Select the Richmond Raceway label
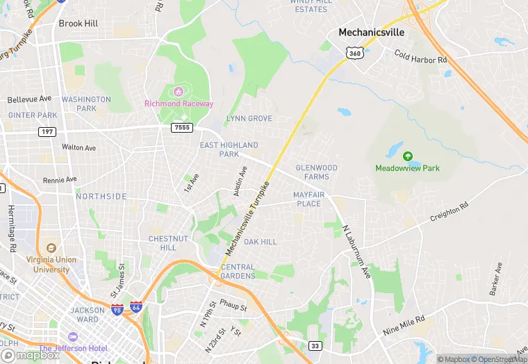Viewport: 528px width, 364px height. [179, 104]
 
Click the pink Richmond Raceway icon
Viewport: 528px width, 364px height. [179, 91]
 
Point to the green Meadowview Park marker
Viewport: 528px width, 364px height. [408, 156]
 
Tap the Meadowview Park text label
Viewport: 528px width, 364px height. [408, 168]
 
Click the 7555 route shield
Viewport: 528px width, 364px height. [182, 128]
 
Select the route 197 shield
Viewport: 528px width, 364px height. [47, 131]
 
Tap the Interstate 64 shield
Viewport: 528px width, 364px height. [136, 306]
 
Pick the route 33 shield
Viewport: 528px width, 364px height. [315, 345]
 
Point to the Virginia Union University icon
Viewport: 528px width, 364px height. [51, 248]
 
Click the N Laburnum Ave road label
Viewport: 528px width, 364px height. [355, 242]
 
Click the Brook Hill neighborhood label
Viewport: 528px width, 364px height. [78, 23]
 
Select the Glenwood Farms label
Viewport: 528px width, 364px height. [317, 172]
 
